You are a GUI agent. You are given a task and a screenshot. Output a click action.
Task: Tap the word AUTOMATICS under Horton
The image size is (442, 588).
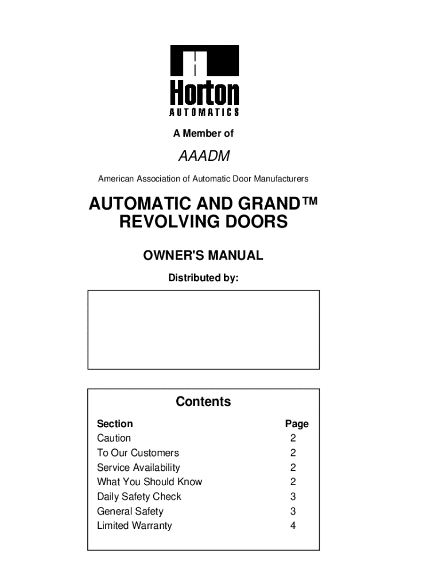tap(204, 111)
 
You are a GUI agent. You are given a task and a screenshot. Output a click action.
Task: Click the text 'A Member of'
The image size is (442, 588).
tap(203, 133)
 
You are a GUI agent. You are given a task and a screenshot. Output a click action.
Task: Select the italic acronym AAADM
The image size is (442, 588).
tap(204, 156)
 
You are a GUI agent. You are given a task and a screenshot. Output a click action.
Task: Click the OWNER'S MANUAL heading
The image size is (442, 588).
tap(203, 256)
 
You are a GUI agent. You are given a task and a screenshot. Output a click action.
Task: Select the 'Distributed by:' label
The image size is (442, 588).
tap(203, 278)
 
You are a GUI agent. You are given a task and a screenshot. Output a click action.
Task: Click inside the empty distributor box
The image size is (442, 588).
tap(203, 329)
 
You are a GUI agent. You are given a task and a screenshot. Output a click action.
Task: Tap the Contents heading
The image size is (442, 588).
tap(203, 401)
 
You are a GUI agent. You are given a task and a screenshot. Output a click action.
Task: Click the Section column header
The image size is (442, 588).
tap(115, 424)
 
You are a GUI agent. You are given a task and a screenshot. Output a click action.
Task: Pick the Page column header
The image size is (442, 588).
tap(297, 424)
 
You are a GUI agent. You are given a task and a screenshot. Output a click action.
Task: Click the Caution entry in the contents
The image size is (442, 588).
tap(114, 438)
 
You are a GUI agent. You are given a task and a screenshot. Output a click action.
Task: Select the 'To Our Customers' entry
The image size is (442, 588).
tap(138, 452)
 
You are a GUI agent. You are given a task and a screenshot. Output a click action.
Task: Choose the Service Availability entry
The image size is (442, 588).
tap(138, 467)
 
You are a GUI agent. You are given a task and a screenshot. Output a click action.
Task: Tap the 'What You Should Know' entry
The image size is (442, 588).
tap(149, 482)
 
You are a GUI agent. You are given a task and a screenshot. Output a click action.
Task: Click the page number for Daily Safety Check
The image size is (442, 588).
tap(293, 497)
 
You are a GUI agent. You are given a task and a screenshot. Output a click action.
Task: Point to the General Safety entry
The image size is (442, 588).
tap(130, 511)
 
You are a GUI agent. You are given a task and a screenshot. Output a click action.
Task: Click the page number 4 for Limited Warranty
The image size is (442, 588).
tap(293, 525)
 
